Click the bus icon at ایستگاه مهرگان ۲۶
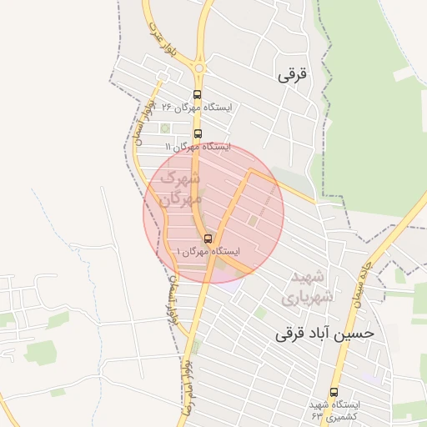point(197,94)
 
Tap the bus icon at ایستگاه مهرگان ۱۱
point(198,133)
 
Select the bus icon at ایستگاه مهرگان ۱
point(208,239)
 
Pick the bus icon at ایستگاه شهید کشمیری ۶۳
point(334,392)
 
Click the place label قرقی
point(292,74)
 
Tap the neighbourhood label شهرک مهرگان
point(179,188)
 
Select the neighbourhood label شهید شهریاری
point(312,286)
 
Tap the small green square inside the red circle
point(252,220)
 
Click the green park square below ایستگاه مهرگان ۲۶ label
point(163,128)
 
